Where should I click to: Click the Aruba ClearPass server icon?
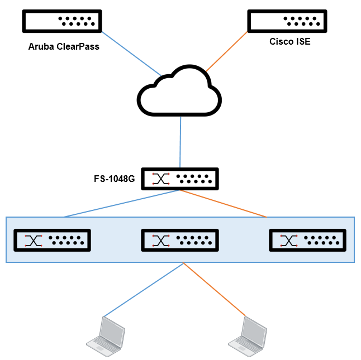62,21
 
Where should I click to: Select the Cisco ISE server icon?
287,21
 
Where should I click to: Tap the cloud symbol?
179,93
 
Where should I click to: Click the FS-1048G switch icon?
179,179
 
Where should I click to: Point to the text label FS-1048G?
115,179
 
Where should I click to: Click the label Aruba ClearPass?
64,46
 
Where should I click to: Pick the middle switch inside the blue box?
179,240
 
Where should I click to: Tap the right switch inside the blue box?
307,240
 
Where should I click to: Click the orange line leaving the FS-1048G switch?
224,204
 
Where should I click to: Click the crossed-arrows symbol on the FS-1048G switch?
161,179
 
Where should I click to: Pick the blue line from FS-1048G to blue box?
120,204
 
